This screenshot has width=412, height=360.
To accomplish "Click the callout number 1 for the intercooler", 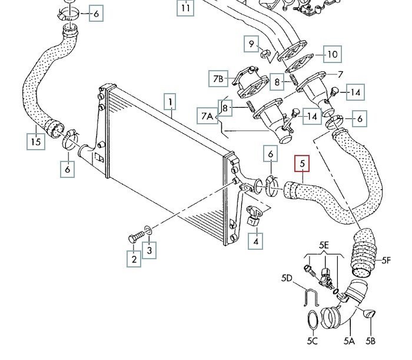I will coord(170,103).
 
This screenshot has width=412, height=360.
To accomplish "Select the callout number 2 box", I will coord(134,259).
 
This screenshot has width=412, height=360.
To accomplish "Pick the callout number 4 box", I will coord(256,240).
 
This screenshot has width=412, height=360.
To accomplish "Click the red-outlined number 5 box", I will coord(302,162).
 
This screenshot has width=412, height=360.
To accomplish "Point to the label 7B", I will coord(218,78).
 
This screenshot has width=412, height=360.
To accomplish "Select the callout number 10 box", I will coord(332,55).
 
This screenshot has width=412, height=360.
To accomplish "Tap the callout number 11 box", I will coord(186,8).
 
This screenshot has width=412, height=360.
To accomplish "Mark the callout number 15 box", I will coord(36,141).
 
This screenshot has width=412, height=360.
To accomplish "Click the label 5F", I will coord(386,259).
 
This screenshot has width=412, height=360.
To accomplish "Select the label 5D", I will coord(287,278).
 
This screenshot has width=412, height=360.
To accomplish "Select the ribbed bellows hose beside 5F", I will coord(361,255).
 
